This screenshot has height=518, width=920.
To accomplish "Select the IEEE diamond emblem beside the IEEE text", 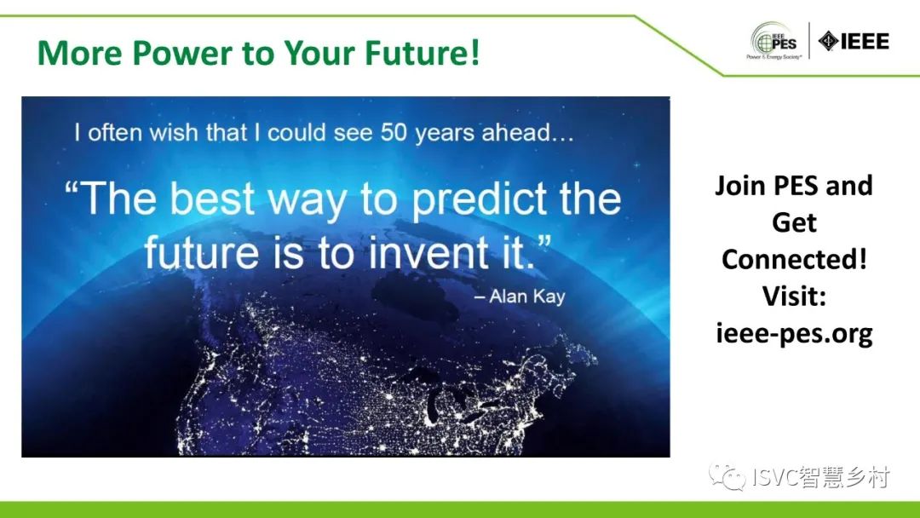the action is coord(828,41).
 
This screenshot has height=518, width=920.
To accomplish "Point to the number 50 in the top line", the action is coord(394,133).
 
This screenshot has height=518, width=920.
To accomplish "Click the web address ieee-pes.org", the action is coord(795,334).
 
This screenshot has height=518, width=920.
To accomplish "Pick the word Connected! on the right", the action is coord(795,259).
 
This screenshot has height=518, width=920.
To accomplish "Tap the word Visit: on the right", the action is coord(795,296).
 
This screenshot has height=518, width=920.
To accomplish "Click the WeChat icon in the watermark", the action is coord(727,475).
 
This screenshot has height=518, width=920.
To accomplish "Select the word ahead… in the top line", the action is coord(527,133).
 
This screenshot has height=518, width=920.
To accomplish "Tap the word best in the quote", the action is coord(212,199).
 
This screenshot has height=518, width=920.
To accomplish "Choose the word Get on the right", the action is coord(795,222).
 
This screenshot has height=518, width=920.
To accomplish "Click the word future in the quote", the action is coord(201,252).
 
